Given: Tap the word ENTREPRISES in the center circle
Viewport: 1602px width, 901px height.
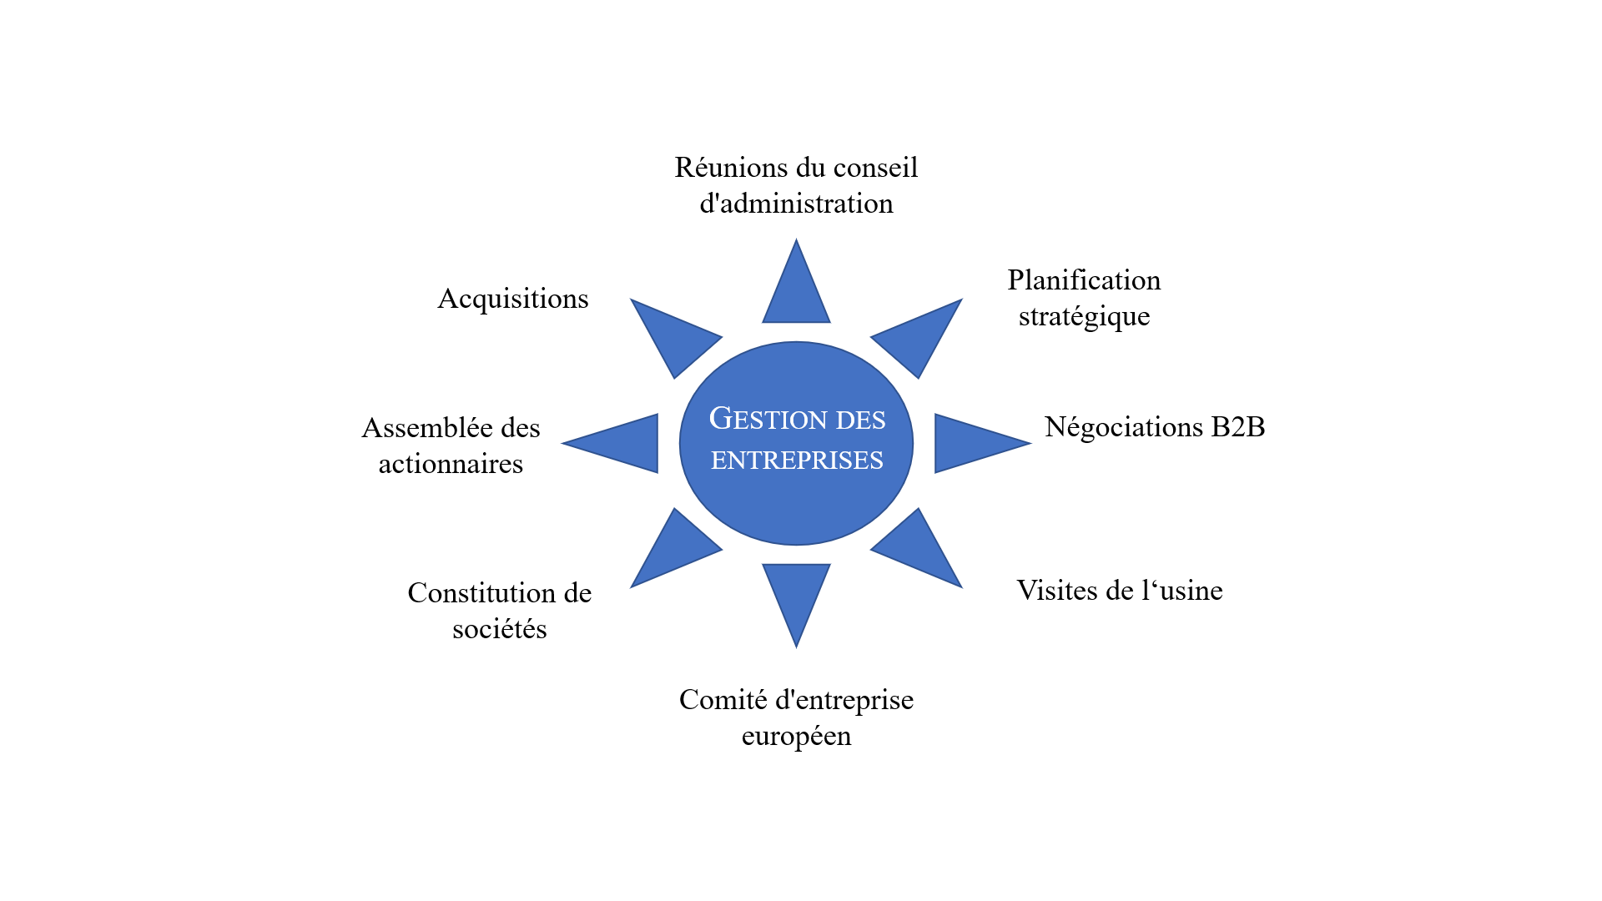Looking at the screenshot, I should tap(797, 461).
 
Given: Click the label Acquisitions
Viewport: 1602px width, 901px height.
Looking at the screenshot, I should tap(513, 299).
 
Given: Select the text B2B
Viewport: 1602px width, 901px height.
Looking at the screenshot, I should tap(1238, 427).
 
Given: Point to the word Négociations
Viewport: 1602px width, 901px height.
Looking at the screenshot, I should tap(1123, 427).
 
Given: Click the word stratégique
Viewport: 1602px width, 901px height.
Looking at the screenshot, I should tap(1084, 317).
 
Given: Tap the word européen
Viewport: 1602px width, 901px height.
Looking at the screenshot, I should tap(796, 737).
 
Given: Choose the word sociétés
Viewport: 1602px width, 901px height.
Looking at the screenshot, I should tap(499, 629).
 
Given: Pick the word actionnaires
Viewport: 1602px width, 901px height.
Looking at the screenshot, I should tap(451, 464).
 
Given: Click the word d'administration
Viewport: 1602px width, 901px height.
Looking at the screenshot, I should tap(796, 204).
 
